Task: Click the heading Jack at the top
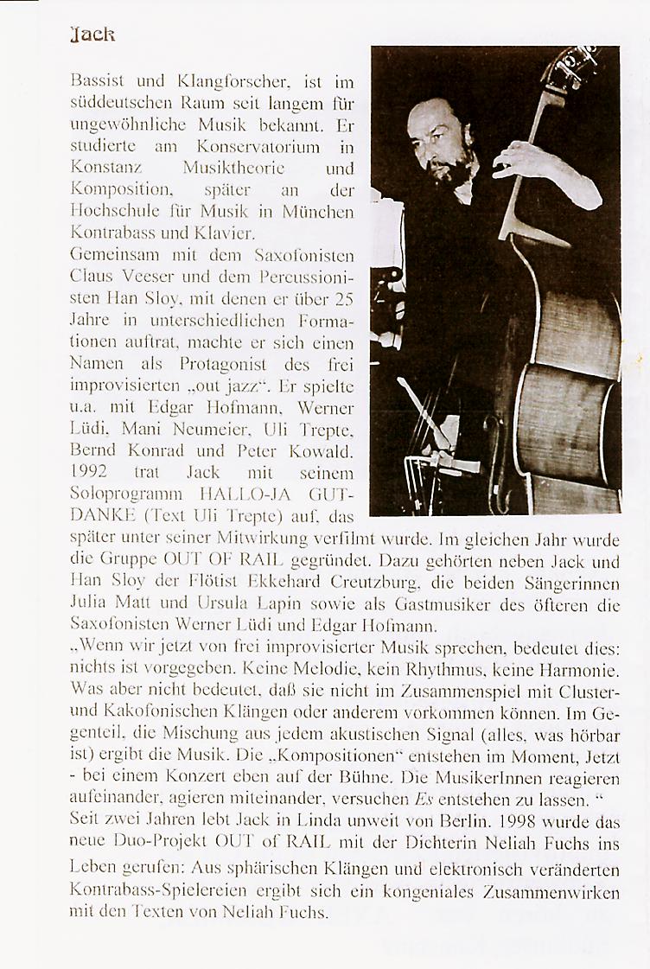click(x=92, y=35)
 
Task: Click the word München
click(x=321, y=212)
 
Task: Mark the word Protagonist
click(x=217, y=364)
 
